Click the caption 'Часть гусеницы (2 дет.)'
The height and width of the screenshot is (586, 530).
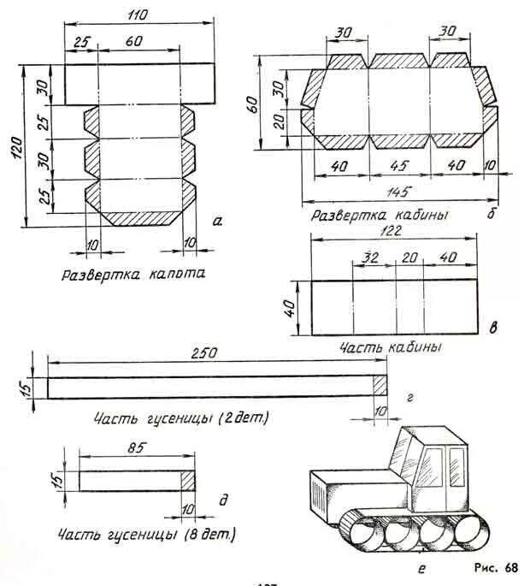[x=180, y=418]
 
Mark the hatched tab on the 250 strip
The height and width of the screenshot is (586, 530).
[x=380, y=387]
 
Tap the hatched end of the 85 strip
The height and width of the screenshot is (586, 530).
[x=188, y=481]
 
